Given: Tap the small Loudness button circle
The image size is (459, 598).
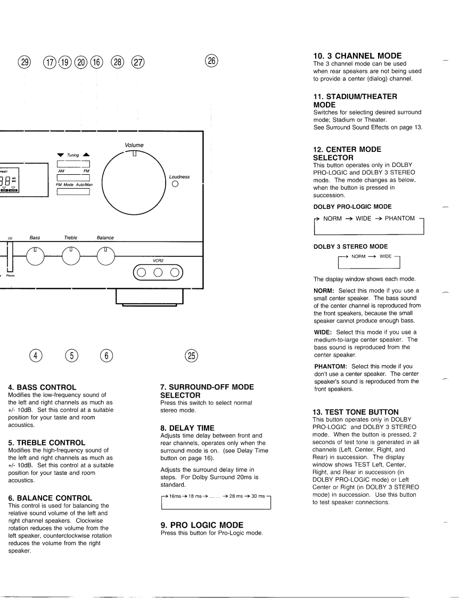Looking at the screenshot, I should point(175,185).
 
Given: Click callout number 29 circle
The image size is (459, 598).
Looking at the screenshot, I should point(24,62).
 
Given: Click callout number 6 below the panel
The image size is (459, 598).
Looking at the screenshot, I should point(106,355).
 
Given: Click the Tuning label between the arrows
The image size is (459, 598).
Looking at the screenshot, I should point(72,155).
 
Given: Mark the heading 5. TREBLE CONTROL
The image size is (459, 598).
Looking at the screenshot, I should point(47,442).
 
